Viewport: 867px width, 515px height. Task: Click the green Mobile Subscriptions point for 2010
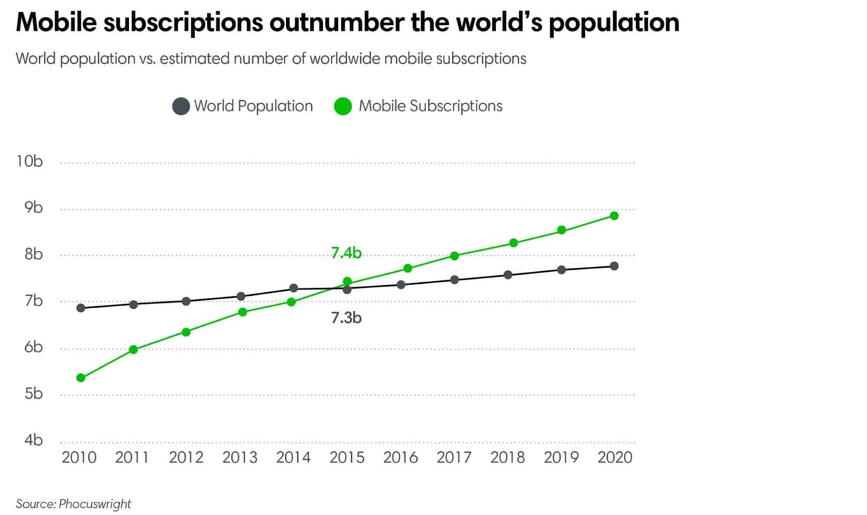[81, 378]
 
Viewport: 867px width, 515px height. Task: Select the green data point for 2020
[614, 216]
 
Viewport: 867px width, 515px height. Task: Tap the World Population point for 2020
[614, 266]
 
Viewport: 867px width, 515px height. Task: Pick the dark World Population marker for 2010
[81, 308]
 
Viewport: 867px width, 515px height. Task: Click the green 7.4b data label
[346, 253]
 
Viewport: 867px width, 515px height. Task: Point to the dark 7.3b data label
[346, 318]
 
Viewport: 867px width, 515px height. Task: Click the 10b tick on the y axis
[29, 161]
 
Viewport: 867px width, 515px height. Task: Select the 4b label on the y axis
[34, 440]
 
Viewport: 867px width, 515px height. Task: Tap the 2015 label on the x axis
[347, 458]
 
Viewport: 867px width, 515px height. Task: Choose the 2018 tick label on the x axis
[507, 458]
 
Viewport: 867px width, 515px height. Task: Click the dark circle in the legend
[181, 107]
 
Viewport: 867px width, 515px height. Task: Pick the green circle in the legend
[343, 107]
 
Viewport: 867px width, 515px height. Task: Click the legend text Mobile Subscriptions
[430, 106]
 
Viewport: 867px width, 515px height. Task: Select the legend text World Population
[253, 106]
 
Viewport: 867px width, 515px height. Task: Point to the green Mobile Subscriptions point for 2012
[186, 332]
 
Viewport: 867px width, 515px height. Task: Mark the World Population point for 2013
[240, 296]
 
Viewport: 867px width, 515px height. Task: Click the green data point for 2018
[513, 243]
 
